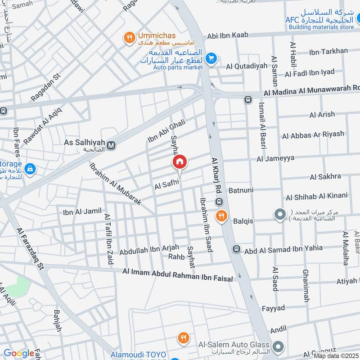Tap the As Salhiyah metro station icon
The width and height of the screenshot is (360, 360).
pos(111,145)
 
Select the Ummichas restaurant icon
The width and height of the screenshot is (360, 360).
pos(130,38)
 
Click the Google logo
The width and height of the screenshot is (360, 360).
pos(19,353)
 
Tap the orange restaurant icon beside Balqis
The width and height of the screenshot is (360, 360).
pos(220,216)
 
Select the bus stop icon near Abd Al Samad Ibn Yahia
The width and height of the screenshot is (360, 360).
pos(236,249)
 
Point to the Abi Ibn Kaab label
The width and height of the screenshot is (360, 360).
pos(228,36)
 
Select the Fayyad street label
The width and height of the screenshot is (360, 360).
pos(273,308)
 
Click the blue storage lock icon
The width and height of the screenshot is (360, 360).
pos(30,169)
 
